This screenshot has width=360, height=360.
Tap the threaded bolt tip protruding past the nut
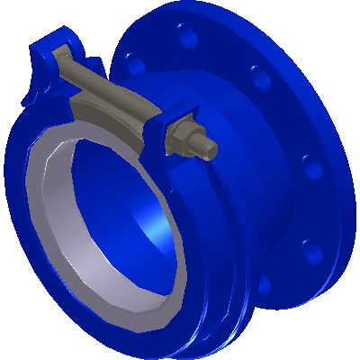tap(208, 147)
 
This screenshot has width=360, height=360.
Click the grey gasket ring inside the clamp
tap(54, 216)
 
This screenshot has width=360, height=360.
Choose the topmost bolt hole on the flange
tap(188, 39)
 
